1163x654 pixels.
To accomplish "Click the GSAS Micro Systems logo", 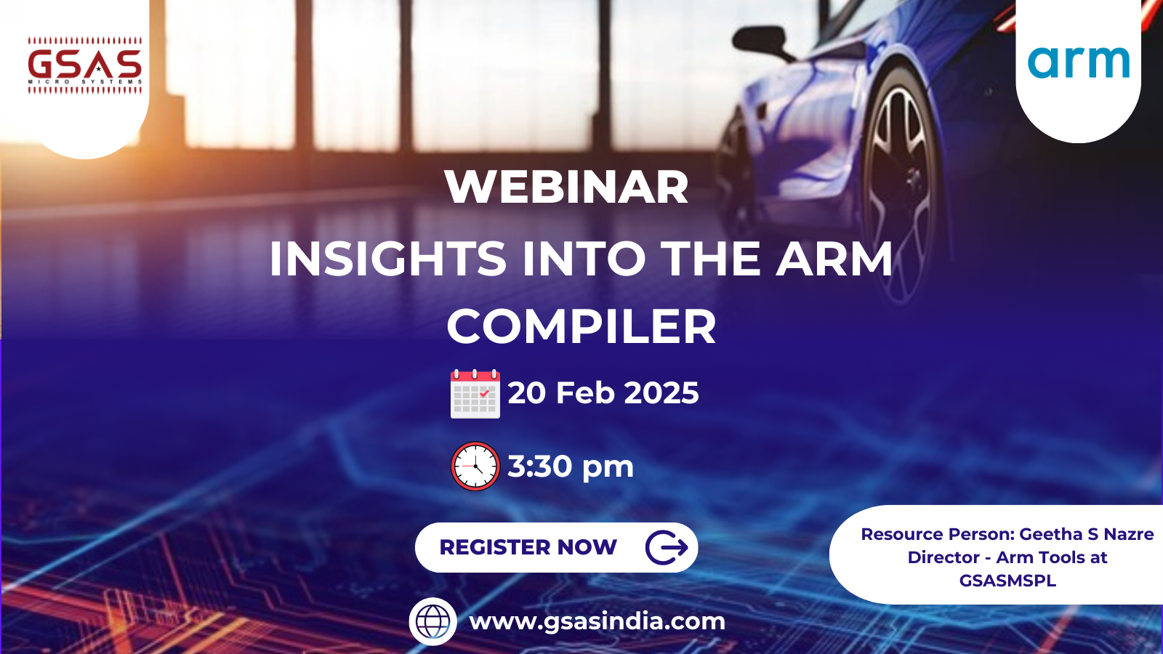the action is point(85,65).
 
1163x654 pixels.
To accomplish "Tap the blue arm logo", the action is point(1079,62).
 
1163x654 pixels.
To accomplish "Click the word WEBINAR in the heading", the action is point(566,187).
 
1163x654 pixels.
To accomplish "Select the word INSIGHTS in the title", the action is point(387,259).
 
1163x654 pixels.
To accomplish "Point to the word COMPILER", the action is point(581,326).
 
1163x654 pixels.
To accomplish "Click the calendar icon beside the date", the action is point(475,394).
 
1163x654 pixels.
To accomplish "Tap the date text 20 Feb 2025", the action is point(603,393).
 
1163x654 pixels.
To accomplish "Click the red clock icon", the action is point(475,466).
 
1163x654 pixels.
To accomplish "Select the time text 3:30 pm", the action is point(571,467).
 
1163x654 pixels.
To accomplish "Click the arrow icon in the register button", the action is point(667,547).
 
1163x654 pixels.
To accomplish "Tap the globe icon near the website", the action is point(433,621).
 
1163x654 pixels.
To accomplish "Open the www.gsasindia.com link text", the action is point(597,621).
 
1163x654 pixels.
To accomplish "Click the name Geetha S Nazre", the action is point(1086,534).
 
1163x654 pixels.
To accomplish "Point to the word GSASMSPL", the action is point(1007,581).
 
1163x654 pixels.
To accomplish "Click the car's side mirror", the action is point(763,40).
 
